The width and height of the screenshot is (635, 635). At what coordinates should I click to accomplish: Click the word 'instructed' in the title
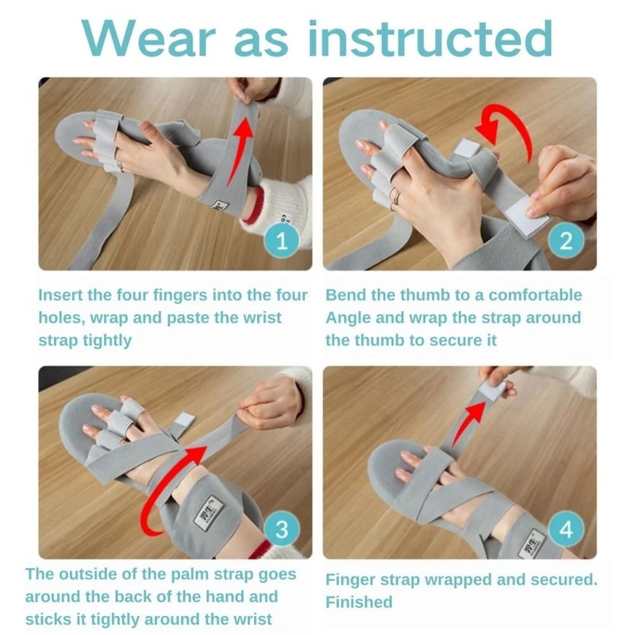click(429, 37)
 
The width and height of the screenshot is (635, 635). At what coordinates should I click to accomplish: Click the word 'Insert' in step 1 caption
click(61, 295)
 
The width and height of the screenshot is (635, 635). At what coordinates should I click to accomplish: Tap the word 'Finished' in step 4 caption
click(359, 602)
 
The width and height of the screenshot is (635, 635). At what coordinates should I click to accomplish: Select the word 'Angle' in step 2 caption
click(349, 317)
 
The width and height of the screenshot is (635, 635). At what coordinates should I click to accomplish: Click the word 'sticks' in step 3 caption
click(50, 619)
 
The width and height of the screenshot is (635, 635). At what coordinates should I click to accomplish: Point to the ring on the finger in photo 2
click(394, 193)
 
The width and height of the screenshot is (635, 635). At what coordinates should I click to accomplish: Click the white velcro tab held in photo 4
click(492, 389)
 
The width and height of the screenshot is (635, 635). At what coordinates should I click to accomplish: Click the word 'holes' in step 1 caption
click(60, 317)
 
